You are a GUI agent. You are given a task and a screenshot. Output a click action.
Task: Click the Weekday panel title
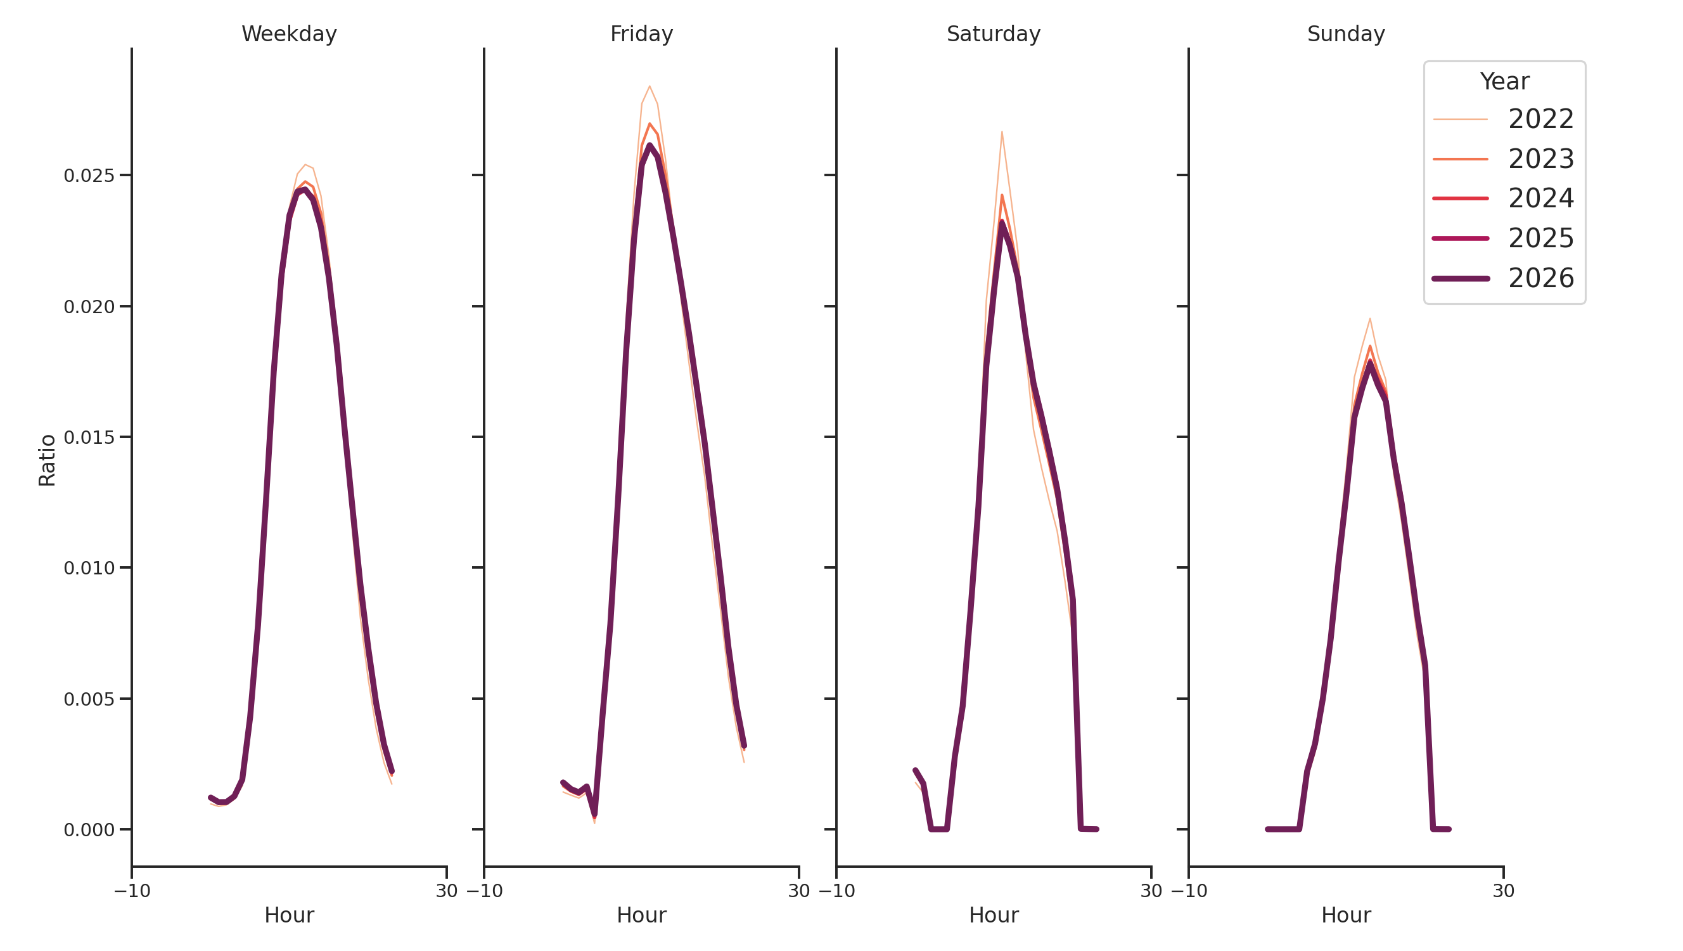click(x=289, y=34)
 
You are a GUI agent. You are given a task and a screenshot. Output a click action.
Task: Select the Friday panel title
click(x=641, y=34)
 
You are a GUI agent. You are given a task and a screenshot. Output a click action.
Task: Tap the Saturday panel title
click(x=993, y=34)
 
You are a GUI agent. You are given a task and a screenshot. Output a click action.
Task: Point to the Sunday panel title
click(x=1345, y=34)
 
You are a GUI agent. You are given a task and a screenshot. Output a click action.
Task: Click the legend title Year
click(x=1504, y=82)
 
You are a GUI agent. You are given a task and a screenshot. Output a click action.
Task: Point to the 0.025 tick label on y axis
click(x=89, y=176)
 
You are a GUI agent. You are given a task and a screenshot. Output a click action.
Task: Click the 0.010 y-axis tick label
click(x=89, y=568)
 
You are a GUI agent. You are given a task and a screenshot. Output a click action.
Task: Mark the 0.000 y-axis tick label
click(x=89, y=830)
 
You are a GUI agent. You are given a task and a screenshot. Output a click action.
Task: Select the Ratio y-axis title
click(x=47, y=460)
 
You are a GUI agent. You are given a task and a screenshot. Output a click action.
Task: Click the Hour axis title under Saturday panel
click(x=993, y=915)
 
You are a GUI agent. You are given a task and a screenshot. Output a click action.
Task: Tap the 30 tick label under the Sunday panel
click(x=1502, y=891)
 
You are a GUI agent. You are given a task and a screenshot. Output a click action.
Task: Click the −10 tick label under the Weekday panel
click(x=132, y=891)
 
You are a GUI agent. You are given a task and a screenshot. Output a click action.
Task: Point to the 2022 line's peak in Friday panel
click(x=649, y=86)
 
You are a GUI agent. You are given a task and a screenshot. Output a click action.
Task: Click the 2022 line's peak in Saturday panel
click(x=1002, y=132)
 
